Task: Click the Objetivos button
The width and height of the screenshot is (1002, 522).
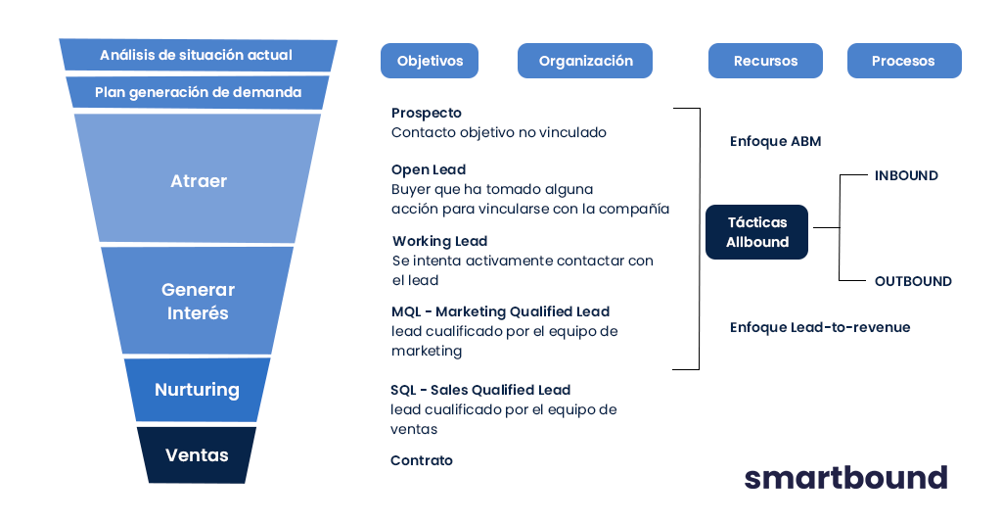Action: tap(430, 61)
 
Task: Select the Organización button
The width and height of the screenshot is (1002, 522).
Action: tap(585, 61)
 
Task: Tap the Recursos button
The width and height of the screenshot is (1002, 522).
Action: tap(765, 61)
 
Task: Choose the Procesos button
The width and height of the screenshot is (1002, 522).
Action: tap(903, 61)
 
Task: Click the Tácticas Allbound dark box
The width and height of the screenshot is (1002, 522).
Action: tap(756, 232)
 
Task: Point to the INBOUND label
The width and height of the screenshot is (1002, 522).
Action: tap(905, 176)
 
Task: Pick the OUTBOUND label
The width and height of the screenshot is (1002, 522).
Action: tap(912, 281)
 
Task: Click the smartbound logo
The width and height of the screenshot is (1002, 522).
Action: tap(845, 477)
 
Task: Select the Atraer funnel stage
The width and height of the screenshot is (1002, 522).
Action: tap(198, 180)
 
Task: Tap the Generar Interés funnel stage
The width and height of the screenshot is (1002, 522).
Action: tap(198, 302)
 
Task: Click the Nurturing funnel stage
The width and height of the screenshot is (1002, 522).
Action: tap(197, 390)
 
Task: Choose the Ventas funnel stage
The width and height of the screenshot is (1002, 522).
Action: tap(197, 455)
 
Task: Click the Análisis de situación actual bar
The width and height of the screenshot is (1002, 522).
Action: tap(197, 55)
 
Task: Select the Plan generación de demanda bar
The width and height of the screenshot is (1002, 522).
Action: tap(198, 93)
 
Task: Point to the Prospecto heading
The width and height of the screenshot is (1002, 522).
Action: tap(426, 114)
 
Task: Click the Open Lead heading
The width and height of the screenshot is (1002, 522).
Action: tap(429, 169)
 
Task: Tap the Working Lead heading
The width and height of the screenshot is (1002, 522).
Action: tap(439, 241)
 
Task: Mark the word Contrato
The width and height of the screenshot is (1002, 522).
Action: tap(421, 460)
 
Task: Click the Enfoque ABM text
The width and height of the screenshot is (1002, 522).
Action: tap(775, 141)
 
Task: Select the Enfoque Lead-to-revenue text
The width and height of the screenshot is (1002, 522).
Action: tap(820, 327)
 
